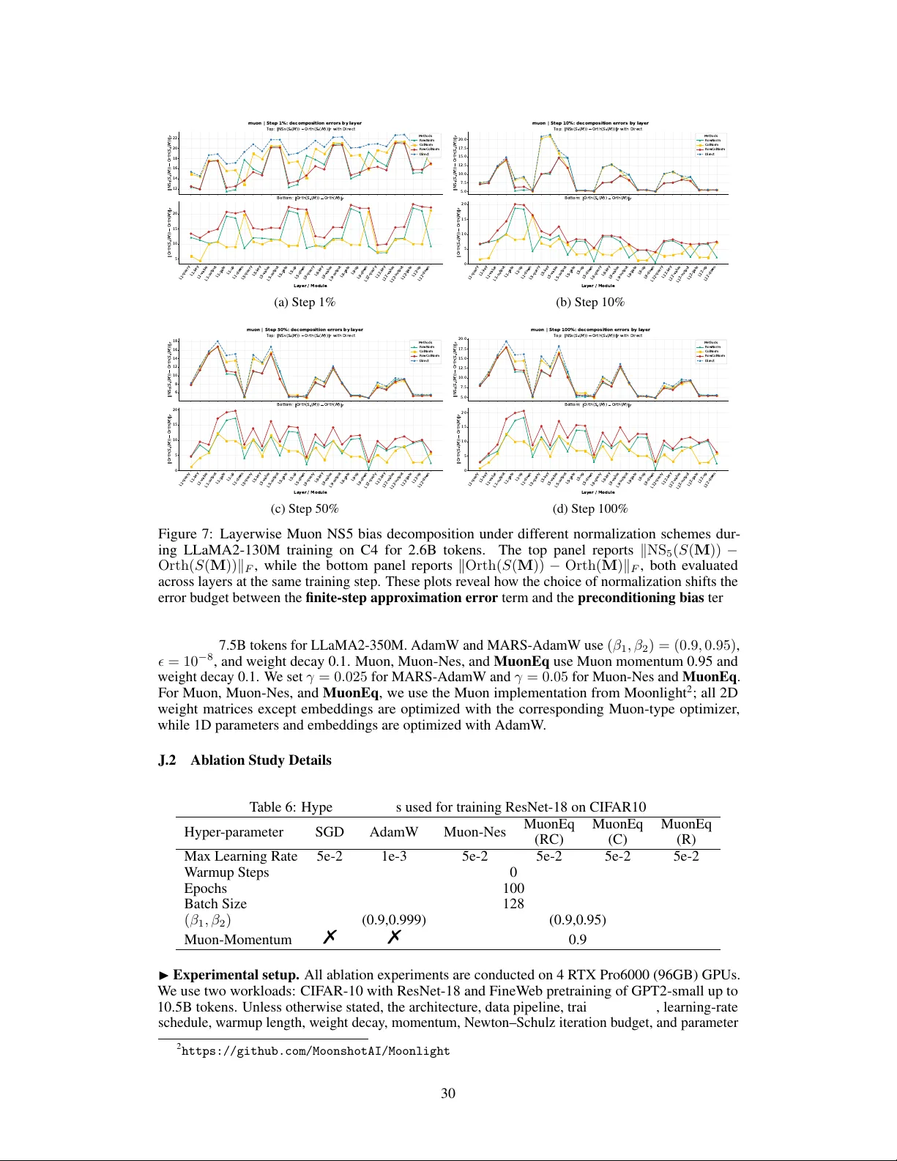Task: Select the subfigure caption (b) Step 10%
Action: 589,303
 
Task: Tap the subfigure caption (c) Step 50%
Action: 305,509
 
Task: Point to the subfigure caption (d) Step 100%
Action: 589,509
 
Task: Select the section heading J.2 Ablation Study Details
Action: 245,760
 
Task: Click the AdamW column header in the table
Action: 394,832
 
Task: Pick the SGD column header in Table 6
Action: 330,832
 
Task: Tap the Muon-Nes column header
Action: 474,832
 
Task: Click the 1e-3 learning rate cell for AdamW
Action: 394,856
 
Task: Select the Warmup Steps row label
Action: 226,872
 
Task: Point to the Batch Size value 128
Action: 513,904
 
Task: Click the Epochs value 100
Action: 513,889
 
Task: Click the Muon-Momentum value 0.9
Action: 577,940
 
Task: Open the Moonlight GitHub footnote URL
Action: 316,1051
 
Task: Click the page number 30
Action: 448,1094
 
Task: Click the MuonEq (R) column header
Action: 685,832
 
